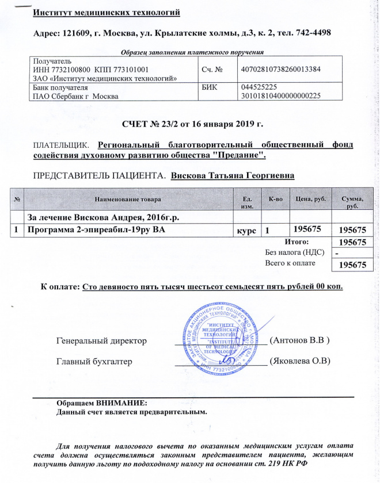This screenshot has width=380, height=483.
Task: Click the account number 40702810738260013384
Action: pyautogui.click(x=279, y=70)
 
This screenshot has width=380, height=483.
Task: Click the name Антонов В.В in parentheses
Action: pyautogui.click(x=299, y=340)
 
